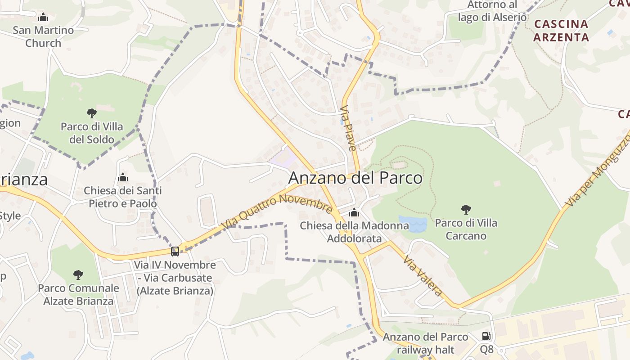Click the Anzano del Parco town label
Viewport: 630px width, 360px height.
click(355, 178)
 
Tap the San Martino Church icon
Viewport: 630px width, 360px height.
click(43, 18)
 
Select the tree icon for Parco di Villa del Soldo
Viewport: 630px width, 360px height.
click(92, 113)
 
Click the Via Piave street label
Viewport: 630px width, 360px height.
click(348, 128)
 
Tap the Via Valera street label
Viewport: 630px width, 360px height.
click(423, 275)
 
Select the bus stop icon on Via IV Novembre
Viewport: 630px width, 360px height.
click(175, 252)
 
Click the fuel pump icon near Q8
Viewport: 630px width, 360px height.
click(486, 336)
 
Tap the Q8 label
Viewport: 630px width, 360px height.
click(486, 349)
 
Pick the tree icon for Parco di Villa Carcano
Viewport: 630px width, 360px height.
click(466, 209)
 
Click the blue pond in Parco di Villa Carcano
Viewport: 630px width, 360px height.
click(413, 224)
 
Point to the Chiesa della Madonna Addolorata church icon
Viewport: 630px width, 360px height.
click(354, 212)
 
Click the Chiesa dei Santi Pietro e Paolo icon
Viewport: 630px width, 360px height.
click(122, 178)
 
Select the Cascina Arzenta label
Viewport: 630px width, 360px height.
click(561, 30)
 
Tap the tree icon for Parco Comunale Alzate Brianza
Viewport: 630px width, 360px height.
click(78, 274)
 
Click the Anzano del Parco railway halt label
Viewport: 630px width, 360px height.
click(425, 343)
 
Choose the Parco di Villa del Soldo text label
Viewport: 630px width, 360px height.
click(92, 133)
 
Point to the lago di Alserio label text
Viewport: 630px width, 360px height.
click(492, 17)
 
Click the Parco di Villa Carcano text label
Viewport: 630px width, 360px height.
click(466, 229)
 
